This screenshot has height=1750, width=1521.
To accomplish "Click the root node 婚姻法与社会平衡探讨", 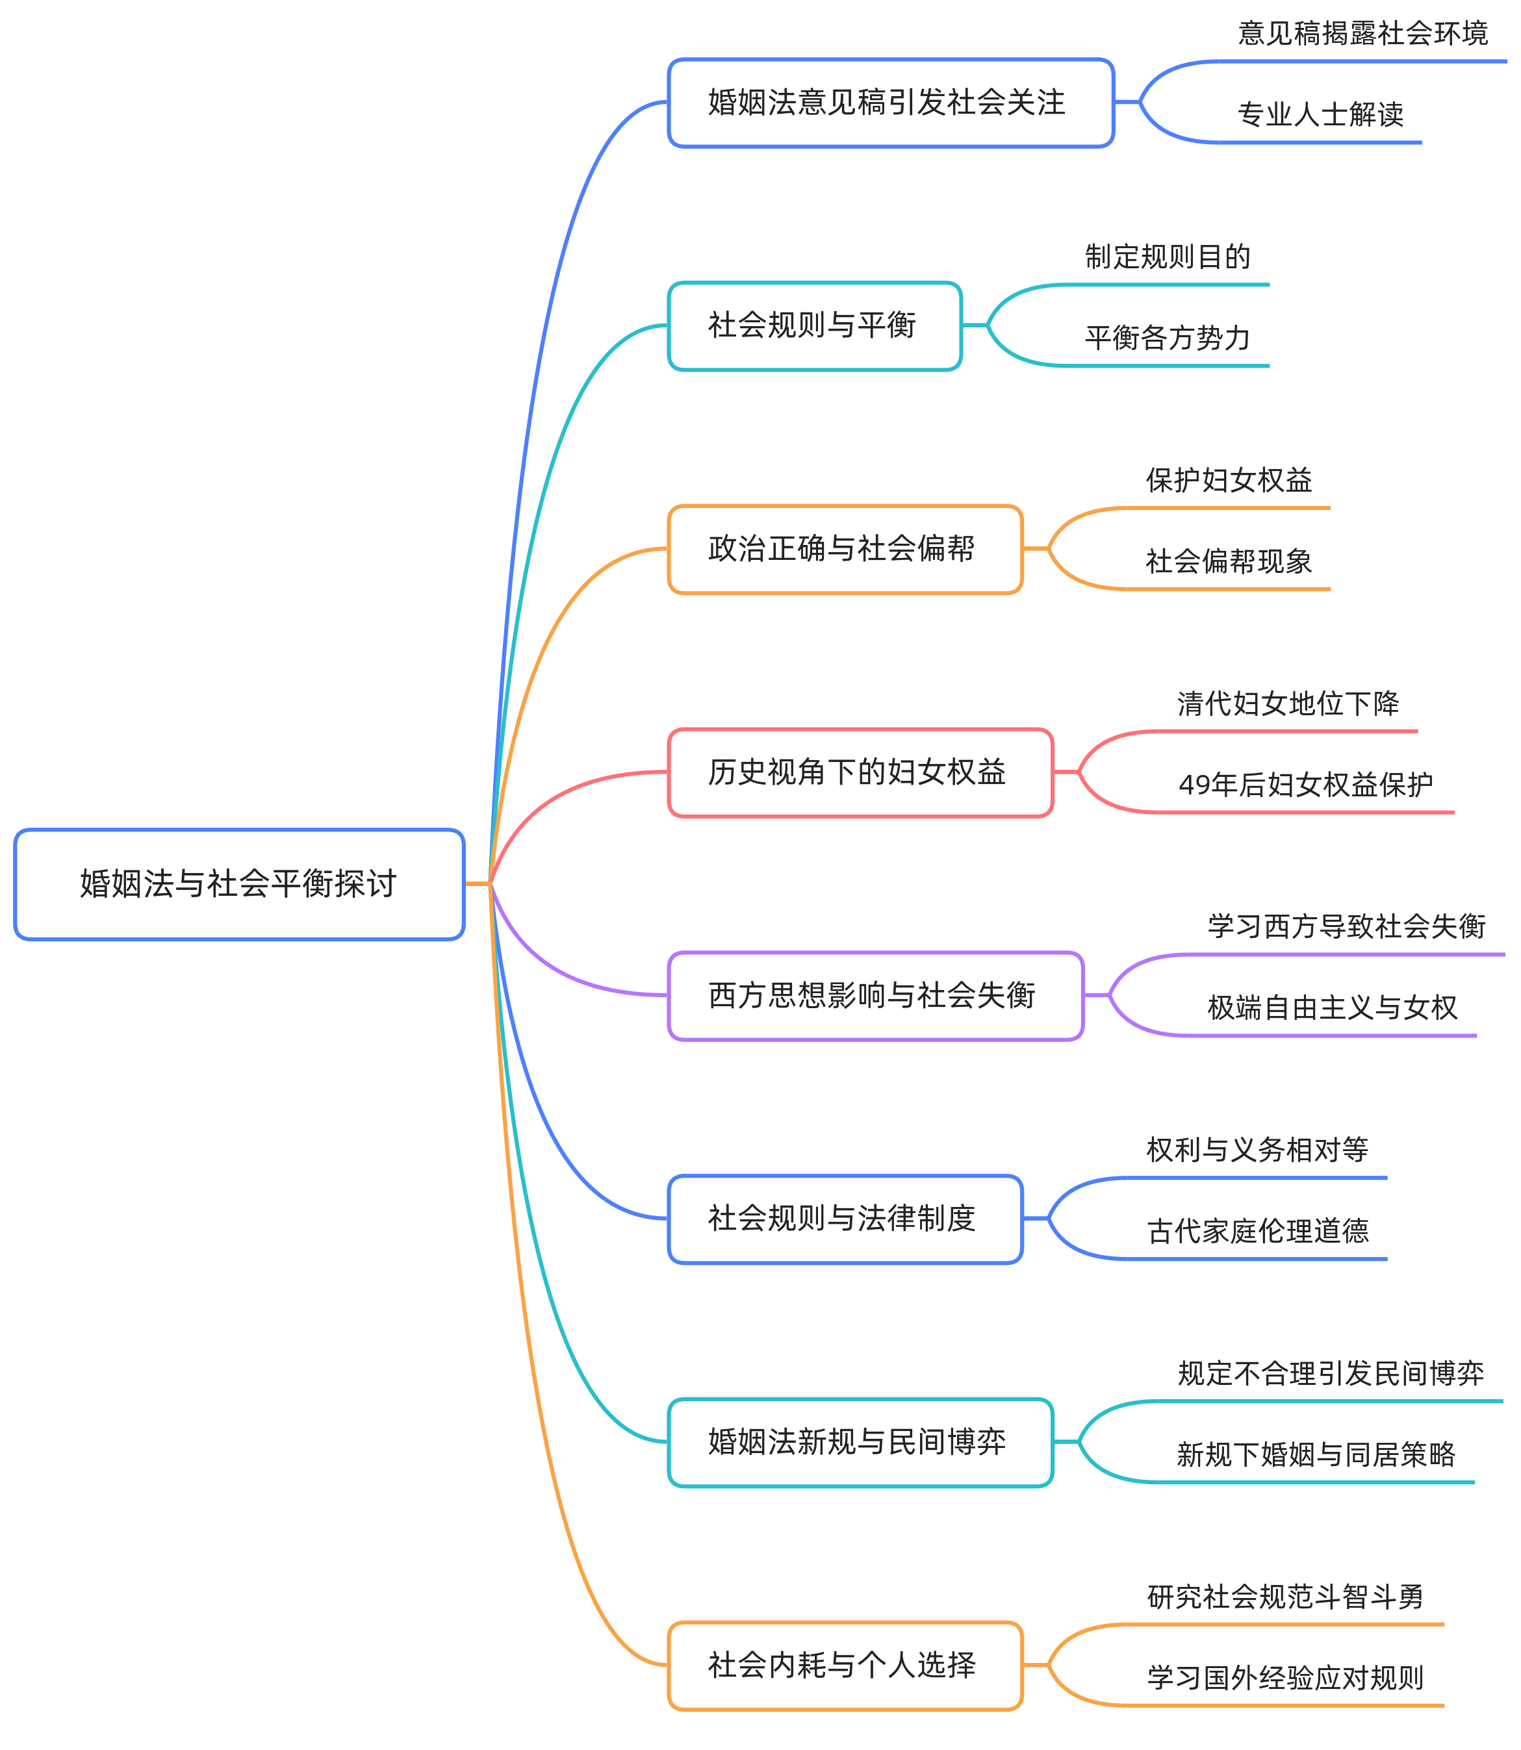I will tap(238, 883).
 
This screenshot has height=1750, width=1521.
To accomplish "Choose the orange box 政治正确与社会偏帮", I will tap(845, 548).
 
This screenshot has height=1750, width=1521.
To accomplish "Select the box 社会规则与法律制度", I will tap(845, 1218).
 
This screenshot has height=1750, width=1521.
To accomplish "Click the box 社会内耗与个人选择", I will tap(845, 1664).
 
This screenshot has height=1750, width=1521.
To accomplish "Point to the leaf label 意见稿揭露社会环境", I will tap(1362, 34).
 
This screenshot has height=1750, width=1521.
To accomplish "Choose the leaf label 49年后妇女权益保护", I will tap(1305, 784).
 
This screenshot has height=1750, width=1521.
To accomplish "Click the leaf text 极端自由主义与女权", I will tap(1332, 1008).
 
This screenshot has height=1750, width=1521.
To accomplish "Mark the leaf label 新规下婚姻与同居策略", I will tap(1316, 1454).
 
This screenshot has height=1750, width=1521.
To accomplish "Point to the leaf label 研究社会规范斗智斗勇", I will tap(1285, 1597).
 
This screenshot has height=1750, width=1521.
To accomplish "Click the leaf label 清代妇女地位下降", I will tap(1288, 704).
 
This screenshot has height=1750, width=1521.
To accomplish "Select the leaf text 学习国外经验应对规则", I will tap(1285, 1677).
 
